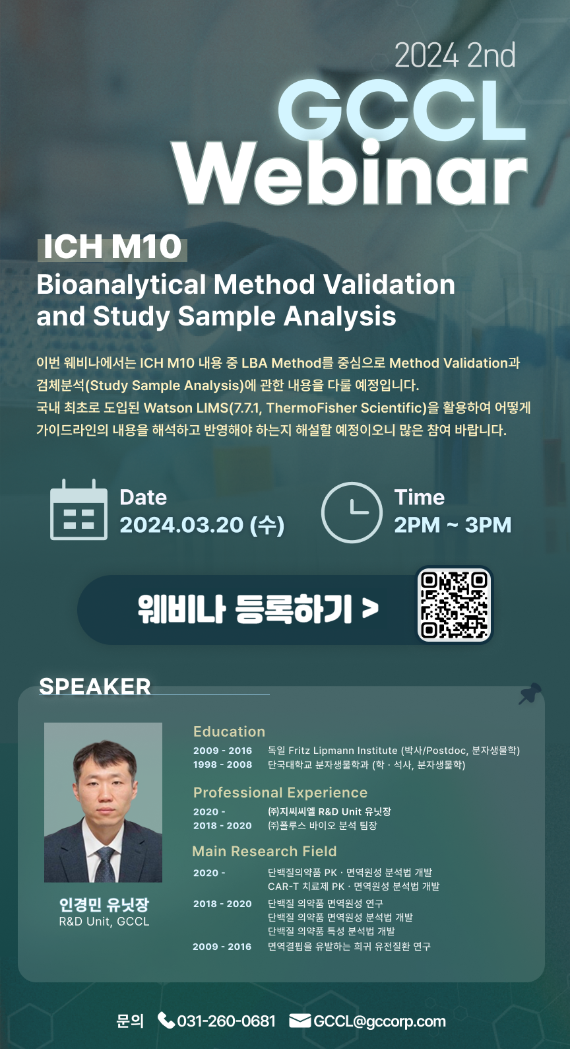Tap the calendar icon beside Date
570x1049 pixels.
pyautogui.click(x=79, y=510)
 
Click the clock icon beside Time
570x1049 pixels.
pyautogui.click(x=352, y=512)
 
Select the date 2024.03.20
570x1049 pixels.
pyautogui.click(x=181, y=524)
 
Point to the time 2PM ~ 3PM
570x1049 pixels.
pyautogui.click(x=453, y=524)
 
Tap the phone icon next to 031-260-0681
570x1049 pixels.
pyautogui.click(x=166, y=1021)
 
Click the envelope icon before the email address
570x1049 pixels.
pyautogui.click(x=300, y=1021)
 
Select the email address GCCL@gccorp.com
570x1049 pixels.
pyautogui.click(x=379, y=1021)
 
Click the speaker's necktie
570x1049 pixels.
pyautogui.click(x=105, y=863)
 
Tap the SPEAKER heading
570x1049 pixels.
pyautogui.click(x=95, y=687)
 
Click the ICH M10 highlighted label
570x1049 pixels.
pyautogui.click(x=112, y=248)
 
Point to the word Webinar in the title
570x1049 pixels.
pyautogui.click(x=352, y=173)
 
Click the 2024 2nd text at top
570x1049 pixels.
pyautogui.click(x=455, y=55)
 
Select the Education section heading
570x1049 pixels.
pyautogui.click(x=230, y=731)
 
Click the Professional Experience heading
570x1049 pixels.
pyautogui.click(x=280, y=792)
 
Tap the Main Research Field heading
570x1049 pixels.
pyautogui.click(x=265, y=851)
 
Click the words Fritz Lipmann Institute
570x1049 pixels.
pyautogui.click(x=343, y=751)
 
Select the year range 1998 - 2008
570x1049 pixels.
pyautogui.click(x=223, y=764)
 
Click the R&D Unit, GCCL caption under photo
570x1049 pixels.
pyautogui.click(x=104, y=922)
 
